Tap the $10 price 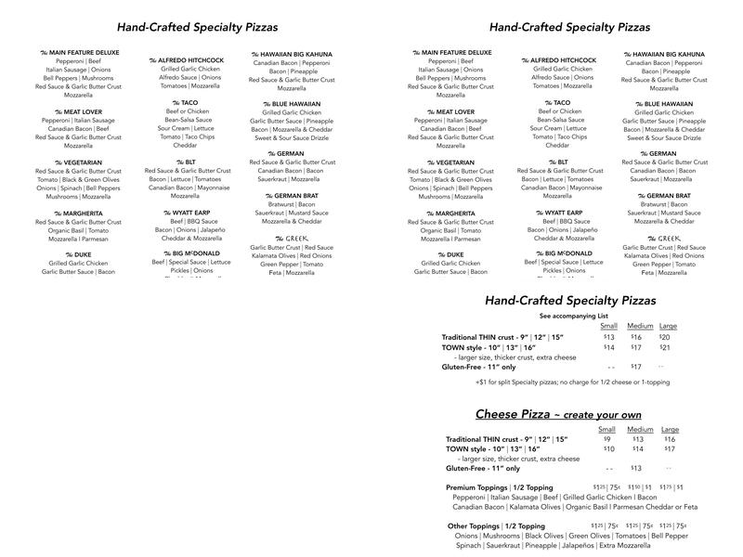tap(609, 449)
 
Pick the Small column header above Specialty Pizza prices tap(608, 326)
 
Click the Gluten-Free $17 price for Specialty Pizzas tap(636, 367)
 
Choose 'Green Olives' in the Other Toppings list tap(588, 536)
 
